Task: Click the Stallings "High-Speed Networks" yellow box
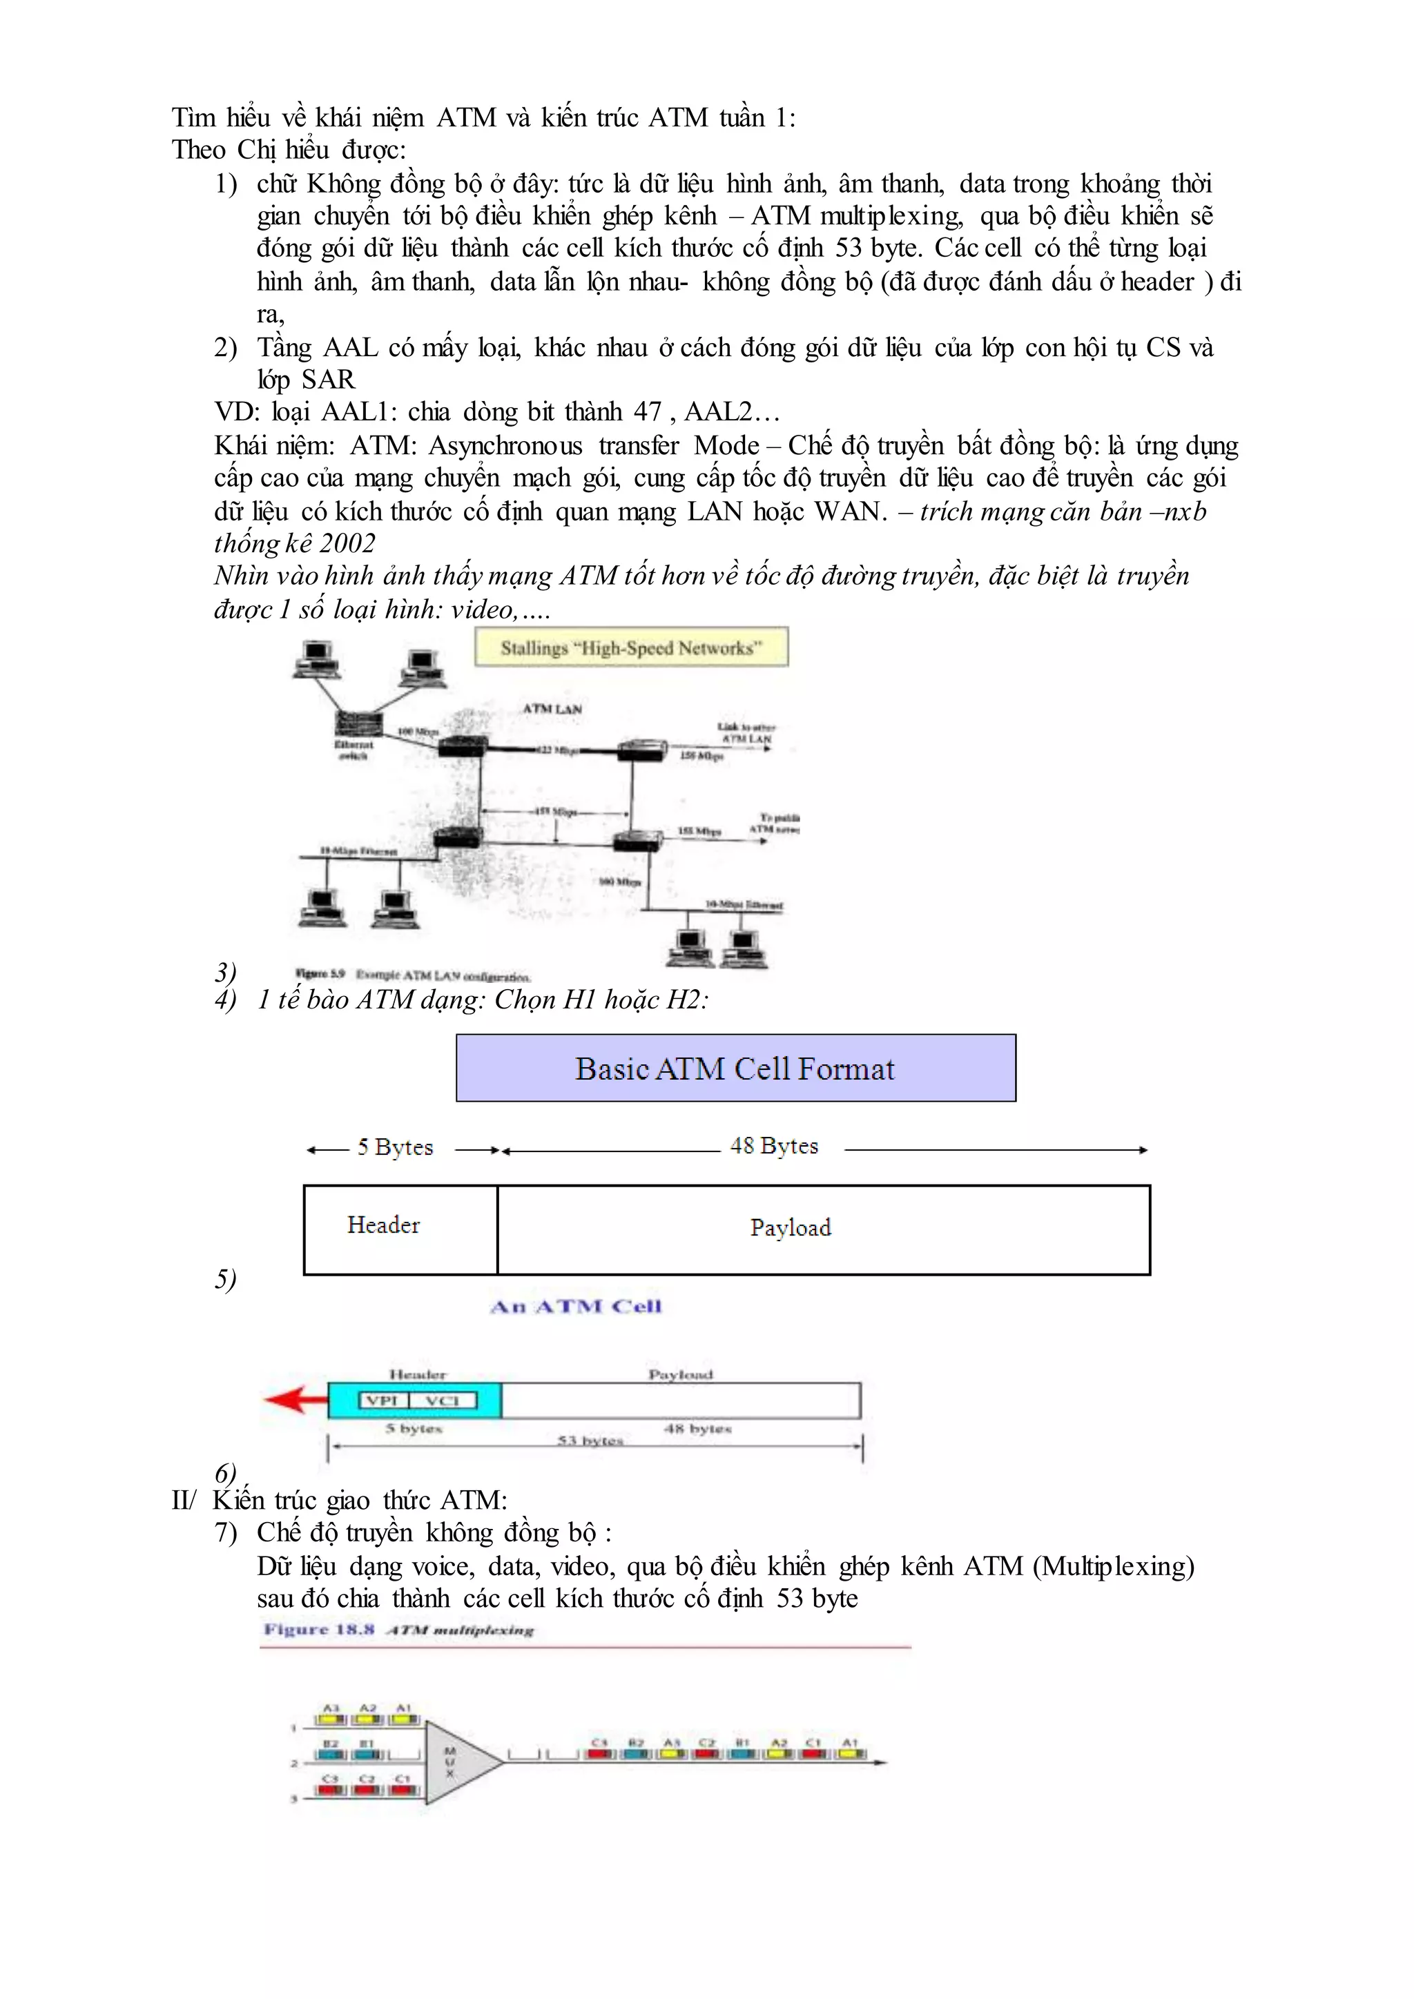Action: [x=630, y=647]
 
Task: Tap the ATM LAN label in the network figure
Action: [x=552, y=709]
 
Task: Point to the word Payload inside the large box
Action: [x=791, y=1227]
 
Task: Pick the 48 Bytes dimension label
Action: [x=774, y=1146]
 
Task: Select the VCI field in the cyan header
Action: [x=443, y=1400]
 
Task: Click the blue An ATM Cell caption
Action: [x=576, y=1306]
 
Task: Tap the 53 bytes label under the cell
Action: [x=590, y=1441]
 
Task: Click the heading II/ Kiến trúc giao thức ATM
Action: [x=340, y=1500]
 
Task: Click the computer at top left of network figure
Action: [x=316, y=659]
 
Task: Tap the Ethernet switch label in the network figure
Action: [x=353, y=750]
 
